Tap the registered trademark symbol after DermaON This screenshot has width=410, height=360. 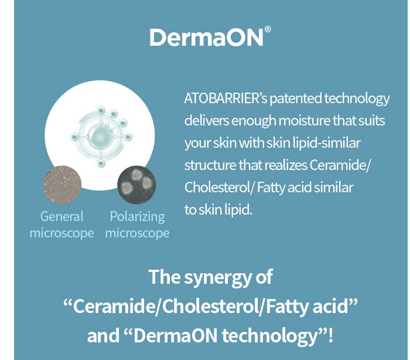tap(268, 29)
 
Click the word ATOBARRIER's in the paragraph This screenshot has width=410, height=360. tap(225, 99)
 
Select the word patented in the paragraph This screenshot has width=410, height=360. tap(296, 99)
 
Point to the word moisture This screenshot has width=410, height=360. tap(304, 121)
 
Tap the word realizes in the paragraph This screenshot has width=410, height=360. tap(286, 165)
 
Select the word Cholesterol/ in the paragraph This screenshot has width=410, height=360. tap(219, 188)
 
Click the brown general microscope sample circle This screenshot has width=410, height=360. tap(62, 185)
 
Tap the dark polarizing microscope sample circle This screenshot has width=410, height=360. tap(136, 185)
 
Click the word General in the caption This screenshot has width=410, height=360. tap(62, 216)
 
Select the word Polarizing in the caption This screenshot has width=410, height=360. tap(137, 217)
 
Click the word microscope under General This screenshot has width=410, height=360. tap(61, 233)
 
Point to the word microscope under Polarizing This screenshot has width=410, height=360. tap(137, 233)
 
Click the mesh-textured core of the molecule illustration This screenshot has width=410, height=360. tap(101, 136)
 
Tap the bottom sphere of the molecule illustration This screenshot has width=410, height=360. tap(101, 164)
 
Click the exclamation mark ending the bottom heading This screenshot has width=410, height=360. tap(331, 335)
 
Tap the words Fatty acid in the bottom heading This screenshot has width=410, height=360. tap(307, 306)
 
